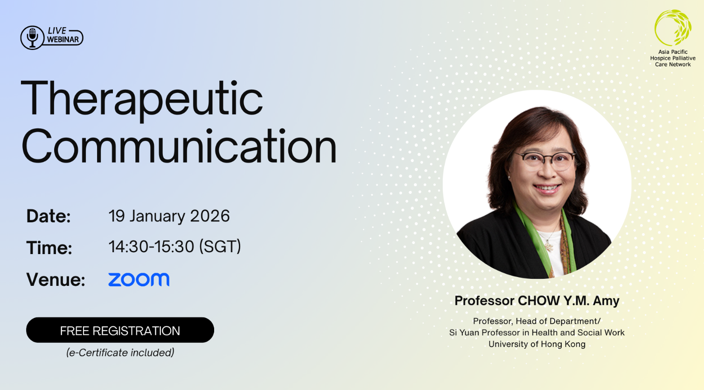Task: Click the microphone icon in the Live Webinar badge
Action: [x=32, y=38]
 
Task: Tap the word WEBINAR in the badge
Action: [x=63, y=40]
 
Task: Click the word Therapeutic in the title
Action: [x=141, y=100]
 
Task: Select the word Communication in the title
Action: [x=179, y=147]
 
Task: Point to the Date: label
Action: [x=49, y=217]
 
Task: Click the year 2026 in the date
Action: [x=210, y=216]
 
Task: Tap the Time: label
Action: [x=49, y=248]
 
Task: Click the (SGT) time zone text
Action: [x=220, y=247]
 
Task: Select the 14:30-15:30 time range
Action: [x=151, y=247]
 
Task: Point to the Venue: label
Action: [x=56, y=279]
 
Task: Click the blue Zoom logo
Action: [x=139, y=279]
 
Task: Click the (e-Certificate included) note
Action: [x=120, y=353]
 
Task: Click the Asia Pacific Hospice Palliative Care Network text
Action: [x=673, y=58]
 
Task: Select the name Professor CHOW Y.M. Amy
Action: [x=537, y=301]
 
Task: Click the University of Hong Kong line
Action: [x=537, y=344]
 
